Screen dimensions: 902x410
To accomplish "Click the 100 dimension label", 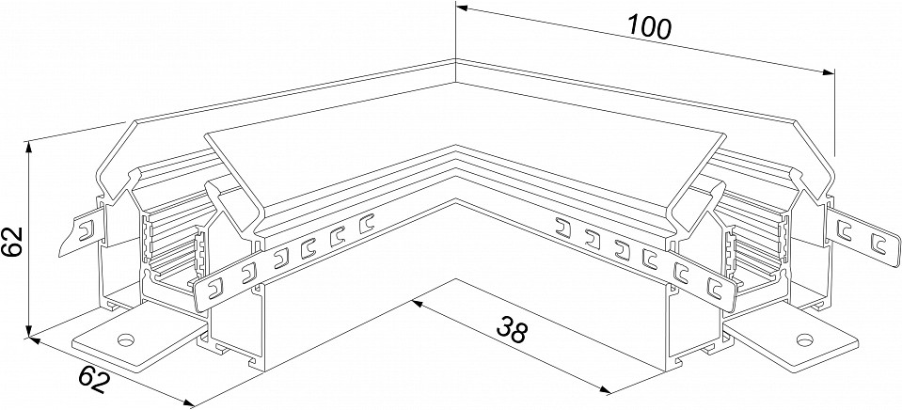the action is click(x=649, y=27).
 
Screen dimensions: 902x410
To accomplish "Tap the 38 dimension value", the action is click(x=510, y=330).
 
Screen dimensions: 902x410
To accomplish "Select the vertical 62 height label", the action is click(x=11, y=243).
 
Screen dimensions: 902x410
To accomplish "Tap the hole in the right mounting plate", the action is click(x=804, y=339).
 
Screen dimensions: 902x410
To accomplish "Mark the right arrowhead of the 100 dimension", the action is click(x=829, y=71).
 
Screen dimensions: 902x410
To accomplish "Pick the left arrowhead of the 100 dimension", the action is click(x=463, y=9).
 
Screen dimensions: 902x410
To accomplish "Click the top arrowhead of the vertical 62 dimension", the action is click(x=29, y=148).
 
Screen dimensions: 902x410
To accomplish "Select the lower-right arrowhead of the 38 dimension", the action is click(x=605, y=390).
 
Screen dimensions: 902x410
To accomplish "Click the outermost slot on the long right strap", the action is click(x=714, y=287).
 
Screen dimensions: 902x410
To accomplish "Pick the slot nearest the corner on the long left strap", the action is click(x=367, y=222).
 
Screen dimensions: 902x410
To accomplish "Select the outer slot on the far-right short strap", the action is click(x=878, y=243).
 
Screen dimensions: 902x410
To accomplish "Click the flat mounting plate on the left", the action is click(x=139, y=342).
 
